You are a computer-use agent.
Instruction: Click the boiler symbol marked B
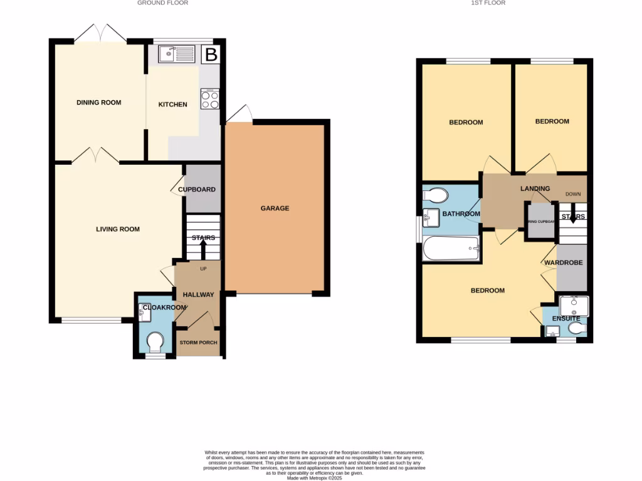click(x=212, y=54)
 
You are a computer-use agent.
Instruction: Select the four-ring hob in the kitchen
click(x=209, y=98)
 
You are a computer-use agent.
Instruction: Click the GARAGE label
click(x=275, y=208)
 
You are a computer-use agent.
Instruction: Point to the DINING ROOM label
click(x=98, y=103)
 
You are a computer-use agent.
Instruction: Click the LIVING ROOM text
click(x=118, y=229)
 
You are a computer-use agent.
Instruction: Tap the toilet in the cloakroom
click(x=154, y=343)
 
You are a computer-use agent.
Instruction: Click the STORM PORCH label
click(x=198, y=343)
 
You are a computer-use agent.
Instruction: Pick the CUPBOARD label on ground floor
click(x=197, y=189)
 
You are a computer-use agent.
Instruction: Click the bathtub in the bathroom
click(x=451, y=249)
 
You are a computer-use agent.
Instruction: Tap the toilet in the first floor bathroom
click(x=436, y=195)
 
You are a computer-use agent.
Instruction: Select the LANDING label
click(x=535, y=189)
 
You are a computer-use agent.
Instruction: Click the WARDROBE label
click(x=564, y=263)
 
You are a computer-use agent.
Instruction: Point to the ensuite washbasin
click(x=574, y=306)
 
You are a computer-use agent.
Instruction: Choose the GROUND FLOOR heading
click(x=163, y=3)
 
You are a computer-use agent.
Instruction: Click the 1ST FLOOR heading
click(x=489, y=3)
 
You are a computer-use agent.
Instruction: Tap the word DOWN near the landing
click(x=573, y=194)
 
